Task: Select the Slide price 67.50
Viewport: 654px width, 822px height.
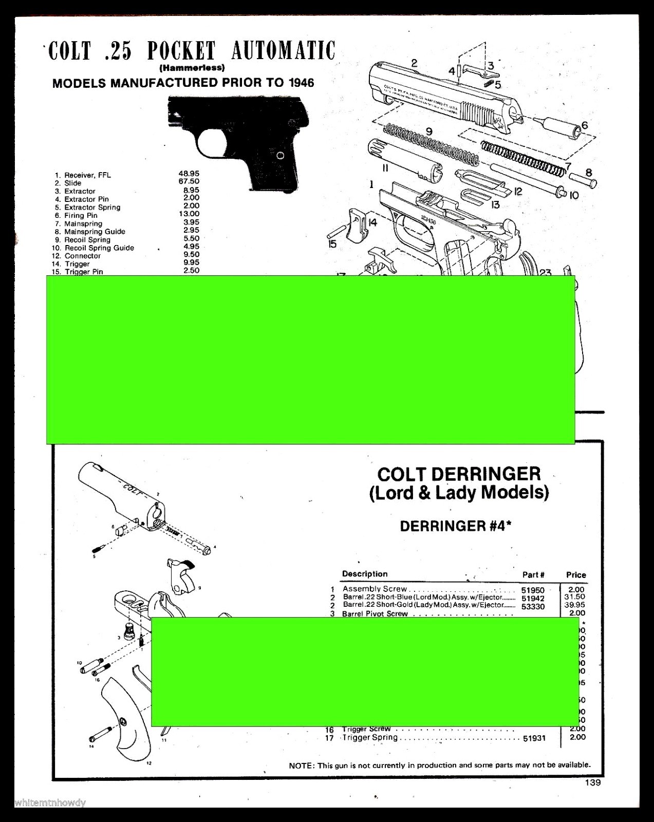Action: pos(189,182)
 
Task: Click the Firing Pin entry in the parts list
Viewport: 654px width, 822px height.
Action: pos(81,216)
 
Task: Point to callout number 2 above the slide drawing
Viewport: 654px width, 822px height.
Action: pos(414,63)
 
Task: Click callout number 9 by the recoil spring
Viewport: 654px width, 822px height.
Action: pos(429,132)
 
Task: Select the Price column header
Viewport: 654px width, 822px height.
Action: pos(576,575)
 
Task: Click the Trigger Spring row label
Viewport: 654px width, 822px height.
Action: pos(370,738)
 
